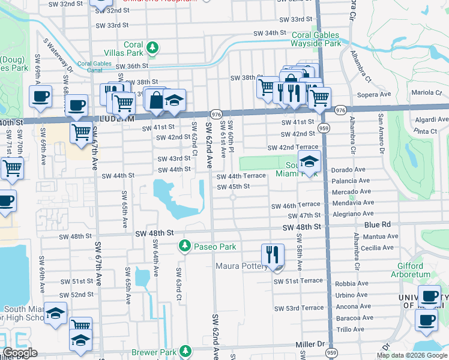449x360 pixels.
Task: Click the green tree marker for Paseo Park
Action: [185, 247]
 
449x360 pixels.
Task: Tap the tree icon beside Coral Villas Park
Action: [153, 47]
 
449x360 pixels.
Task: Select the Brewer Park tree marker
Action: [186, 350]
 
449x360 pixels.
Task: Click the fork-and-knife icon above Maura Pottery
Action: [273, 254]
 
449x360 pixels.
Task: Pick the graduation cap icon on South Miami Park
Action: [310, 162]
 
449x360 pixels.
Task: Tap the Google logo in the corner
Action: [20, 353]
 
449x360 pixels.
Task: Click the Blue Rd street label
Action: [377, 224]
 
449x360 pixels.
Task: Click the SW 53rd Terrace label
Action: [298, 308]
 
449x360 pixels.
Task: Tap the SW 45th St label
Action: [233, 186]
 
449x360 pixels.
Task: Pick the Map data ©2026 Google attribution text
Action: [412, 355]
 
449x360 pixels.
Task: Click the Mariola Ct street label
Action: [426, 92]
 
